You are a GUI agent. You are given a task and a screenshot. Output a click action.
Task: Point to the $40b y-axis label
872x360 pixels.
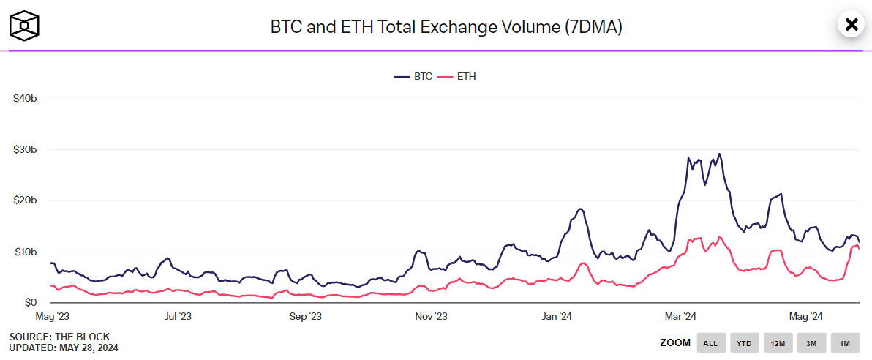click(x=25, y=98)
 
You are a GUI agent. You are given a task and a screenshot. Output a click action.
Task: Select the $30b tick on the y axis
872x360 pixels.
click(x=25, y=149)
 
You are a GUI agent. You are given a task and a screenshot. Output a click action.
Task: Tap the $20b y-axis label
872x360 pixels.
click(x=25, y=200)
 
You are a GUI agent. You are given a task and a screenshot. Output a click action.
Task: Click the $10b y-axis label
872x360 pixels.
click(x=25, y=252)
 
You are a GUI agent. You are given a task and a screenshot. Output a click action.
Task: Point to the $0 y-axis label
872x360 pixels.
click(x=30, y=302)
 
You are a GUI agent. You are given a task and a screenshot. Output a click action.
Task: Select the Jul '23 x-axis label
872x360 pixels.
click(x=178, y=317)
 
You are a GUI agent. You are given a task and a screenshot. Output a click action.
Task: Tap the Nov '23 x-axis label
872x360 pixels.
click(x=432, y=317)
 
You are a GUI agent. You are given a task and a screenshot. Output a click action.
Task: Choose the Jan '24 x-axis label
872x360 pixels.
click(x=557, y=317)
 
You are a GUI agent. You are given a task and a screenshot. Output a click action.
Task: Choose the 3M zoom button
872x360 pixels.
click(x=811, y=342)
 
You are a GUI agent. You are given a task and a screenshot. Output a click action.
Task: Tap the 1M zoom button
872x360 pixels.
click(x=845, y=342)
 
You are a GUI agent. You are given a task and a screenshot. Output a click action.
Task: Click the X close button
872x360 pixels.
click(x=852, y=25)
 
